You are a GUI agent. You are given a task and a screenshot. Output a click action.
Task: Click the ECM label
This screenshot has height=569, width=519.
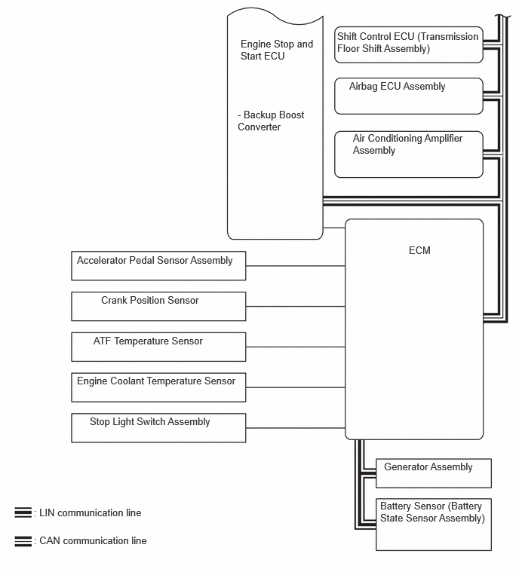[419, 250]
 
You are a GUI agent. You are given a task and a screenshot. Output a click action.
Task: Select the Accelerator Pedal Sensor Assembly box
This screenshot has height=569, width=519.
[158, 266]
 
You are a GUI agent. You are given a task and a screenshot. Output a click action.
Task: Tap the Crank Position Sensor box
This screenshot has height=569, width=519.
[158, 306]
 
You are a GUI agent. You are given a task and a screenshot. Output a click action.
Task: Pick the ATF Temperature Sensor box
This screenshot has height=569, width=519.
[158, 347]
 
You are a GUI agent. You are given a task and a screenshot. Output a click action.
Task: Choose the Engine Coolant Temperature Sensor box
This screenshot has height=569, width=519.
[158, 387]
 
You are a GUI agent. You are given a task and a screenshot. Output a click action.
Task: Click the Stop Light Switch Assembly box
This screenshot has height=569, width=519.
[158, 427]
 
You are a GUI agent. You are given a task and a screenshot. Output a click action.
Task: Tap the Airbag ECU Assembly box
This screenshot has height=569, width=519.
[408, 96]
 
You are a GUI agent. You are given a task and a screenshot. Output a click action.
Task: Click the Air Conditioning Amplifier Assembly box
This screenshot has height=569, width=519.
[408, 154]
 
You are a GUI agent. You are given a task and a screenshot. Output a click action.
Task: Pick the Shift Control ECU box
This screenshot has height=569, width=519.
[408, 44]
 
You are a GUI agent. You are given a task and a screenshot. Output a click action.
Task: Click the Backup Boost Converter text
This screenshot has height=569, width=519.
[271, 121]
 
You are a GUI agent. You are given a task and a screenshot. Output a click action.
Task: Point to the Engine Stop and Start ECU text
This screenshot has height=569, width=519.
[276, 50]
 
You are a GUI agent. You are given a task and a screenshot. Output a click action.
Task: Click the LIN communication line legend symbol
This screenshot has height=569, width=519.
[23, 512]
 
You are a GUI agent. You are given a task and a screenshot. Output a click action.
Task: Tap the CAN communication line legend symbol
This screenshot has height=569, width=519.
[23, 540]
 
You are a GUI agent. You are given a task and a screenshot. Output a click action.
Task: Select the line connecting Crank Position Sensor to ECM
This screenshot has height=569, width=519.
[295, 306]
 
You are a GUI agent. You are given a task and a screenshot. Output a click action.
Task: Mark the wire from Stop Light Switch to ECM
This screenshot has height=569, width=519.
[295, 427]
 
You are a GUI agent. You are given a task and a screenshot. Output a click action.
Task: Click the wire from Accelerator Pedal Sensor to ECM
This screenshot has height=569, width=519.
[295, 265]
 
